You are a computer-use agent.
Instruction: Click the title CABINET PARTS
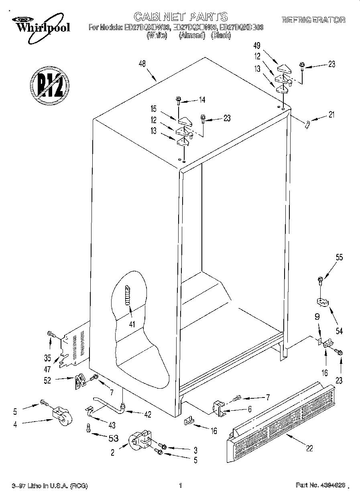[180, 16]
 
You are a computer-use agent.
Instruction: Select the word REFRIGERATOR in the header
[313, 20]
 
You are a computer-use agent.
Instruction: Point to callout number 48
[142, 64]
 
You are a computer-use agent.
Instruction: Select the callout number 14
[201, 100]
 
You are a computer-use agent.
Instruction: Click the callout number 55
[339, 258]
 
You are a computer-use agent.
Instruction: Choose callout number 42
[148, 415]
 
